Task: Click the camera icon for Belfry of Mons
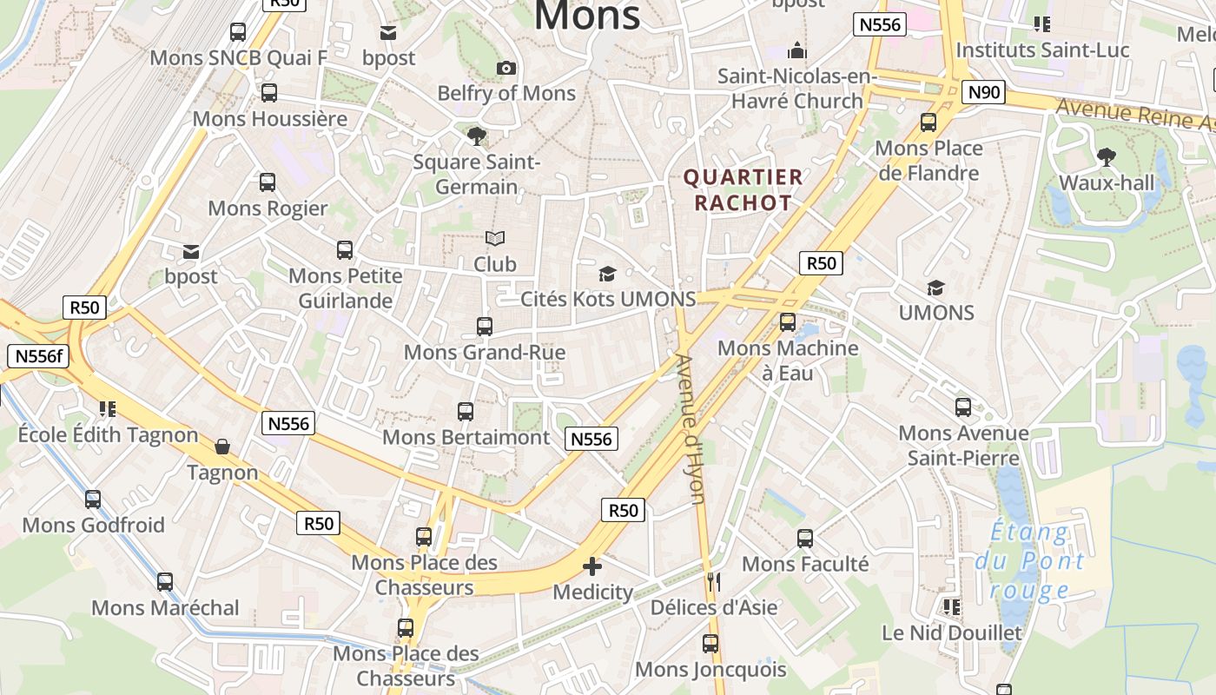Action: pos(506,68)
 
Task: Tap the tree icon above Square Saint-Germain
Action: pos(476,136)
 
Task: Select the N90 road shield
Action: pos(983,92)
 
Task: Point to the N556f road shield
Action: pos(37,355)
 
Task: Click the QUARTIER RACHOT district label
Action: pos(743,190)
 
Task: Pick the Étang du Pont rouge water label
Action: pos(1029,561)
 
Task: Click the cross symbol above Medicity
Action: pos(592,566)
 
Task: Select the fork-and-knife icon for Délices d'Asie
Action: pos(714,582)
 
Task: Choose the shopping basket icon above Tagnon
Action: pos(222,447)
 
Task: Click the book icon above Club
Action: pos(495,238)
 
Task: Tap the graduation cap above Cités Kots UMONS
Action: pos(607,274)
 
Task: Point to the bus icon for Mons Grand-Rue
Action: pos(485,327)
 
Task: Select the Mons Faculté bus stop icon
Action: pos(805,539)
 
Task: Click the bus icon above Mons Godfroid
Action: pos(93,500)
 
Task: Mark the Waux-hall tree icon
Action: pos(1106,157)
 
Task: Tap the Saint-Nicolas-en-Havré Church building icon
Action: pos(796,50)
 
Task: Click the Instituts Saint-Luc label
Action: pos(1042,50)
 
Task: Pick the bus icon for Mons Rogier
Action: pos(268,182)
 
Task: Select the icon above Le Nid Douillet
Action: pos(951,606)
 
